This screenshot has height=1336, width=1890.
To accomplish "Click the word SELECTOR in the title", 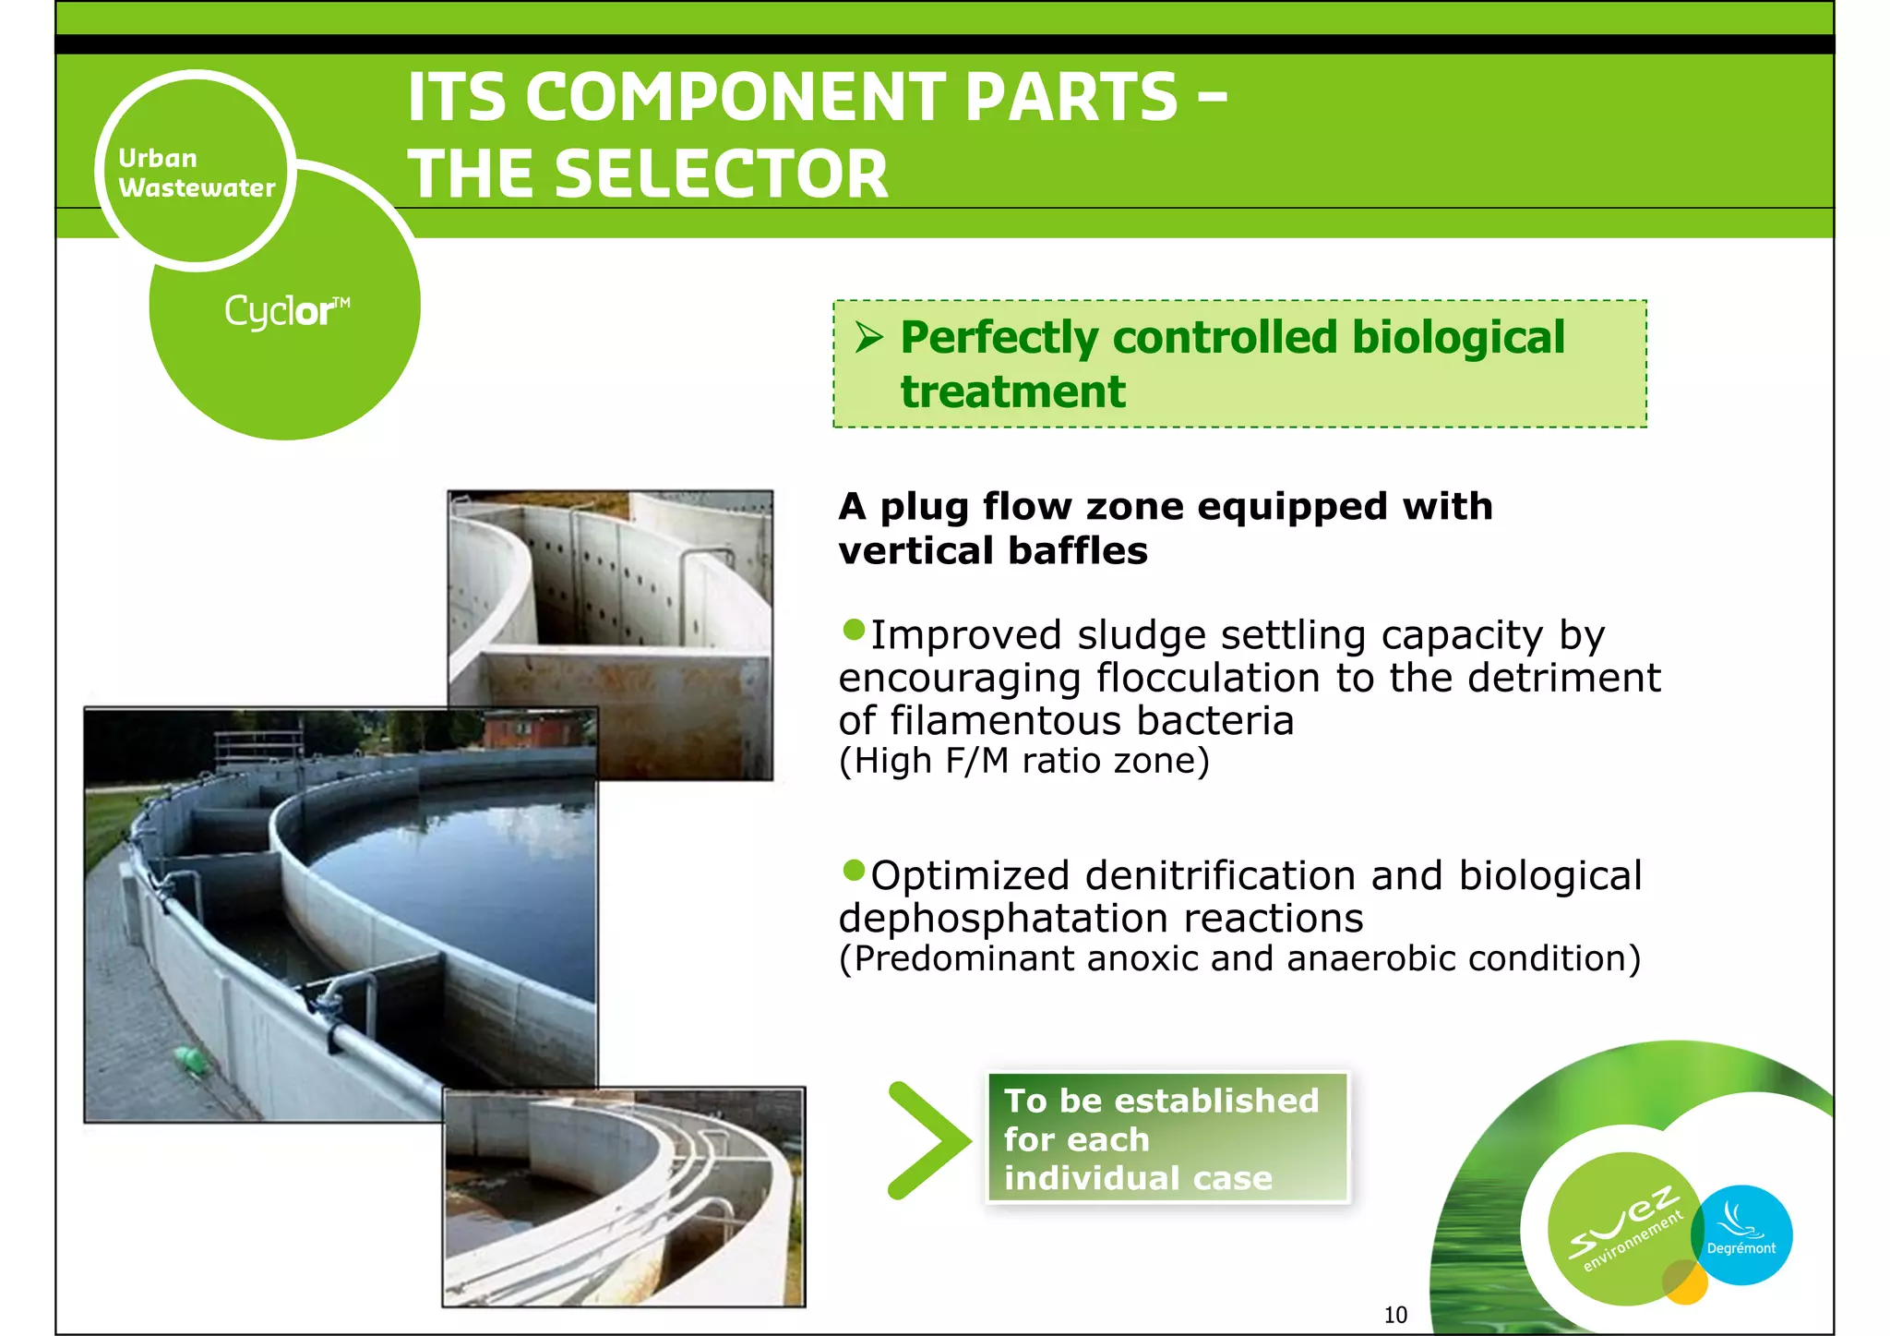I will pos(720,175).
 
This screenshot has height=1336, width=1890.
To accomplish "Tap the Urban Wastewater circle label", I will pos(196,173).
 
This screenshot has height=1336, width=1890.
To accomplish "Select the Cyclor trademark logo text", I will pos(286,311).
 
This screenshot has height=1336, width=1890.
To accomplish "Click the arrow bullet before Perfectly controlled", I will pos(868,337).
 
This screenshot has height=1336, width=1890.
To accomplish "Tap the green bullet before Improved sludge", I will pos(854,631).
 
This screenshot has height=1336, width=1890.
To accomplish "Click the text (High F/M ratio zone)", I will pos(1023,762).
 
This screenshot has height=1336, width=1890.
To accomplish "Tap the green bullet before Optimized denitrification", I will pos(854,870).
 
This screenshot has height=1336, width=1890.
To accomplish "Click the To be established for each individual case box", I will pos(1167,1138).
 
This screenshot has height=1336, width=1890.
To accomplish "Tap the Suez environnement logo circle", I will pos(1624,1228).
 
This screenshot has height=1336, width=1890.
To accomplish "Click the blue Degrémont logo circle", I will pos(1742,1235).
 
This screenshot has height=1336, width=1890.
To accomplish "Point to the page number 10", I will pos(1394,1315).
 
